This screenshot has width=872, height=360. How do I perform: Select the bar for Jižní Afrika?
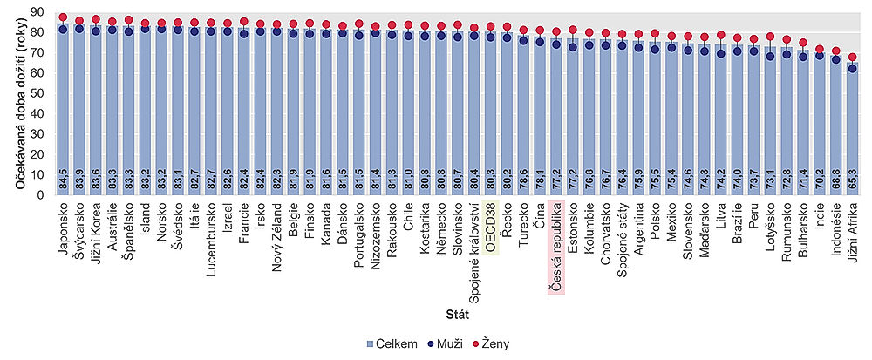click(x=852, y=131)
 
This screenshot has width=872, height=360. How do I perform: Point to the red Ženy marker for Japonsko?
click(x=63, y=17)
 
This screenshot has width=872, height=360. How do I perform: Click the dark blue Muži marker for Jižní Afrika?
click(x=852, y=67)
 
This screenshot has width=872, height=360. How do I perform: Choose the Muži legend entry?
click(x=439, y=343)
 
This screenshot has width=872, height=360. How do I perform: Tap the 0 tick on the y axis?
click(x=43, y=194)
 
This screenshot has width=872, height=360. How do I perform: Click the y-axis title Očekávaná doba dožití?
click(x=18, y=103)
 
